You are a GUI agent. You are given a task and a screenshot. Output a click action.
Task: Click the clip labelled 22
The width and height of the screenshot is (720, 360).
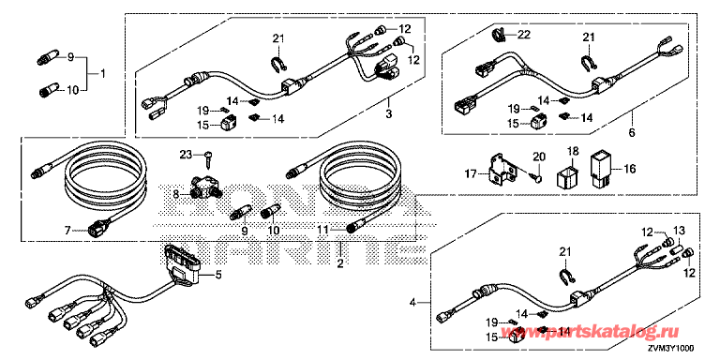point(500,34)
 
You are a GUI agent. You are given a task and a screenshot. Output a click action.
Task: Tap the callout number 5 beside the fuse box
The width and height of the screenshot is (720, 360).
point(218,276)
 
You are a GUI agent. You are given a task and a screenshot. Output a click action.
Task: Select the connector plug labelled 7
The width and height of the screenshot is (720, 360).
point(95,228)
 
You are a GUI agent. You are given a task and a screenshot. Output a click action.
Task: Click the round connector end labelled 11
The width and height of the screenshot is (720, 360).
point(352,228)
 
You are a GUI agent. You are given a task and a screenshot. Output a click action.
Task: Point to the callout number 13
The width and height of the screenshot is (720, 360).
point(678,230)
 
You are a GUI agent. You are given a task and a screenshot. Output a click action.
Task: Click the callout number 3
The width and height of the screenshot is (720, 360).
point(388,113)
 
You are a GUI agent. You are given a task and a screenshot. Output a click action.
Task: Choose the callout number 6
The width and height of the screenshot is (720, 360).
point(632,133)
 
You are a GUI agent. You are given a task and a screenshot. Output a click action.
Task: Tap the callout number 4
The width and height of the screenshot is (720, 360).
point(412,302)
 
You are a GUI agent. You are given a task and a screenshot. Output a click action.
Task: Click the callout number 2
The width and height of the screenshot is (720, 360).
point(339,264)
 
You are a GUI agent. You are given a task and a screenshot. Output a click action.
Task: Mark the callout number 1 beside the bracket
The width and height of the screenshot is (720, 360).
point(103,73)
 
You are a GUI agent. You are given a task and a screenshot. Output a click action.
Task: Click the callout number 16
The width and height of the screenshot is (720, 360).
point(629,170)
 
